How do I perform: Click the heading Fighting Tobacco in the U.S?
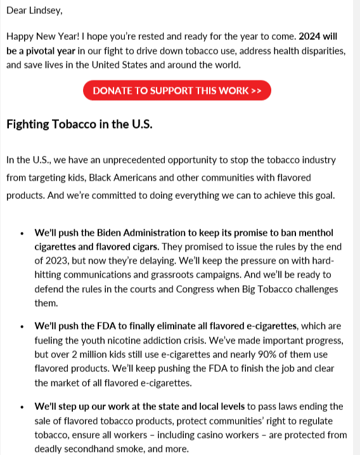79,124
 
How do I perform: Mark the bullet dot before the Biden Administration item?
23,233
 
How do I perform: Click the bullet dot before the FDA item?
23,326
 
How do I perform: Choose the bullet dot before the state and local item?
23,407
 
